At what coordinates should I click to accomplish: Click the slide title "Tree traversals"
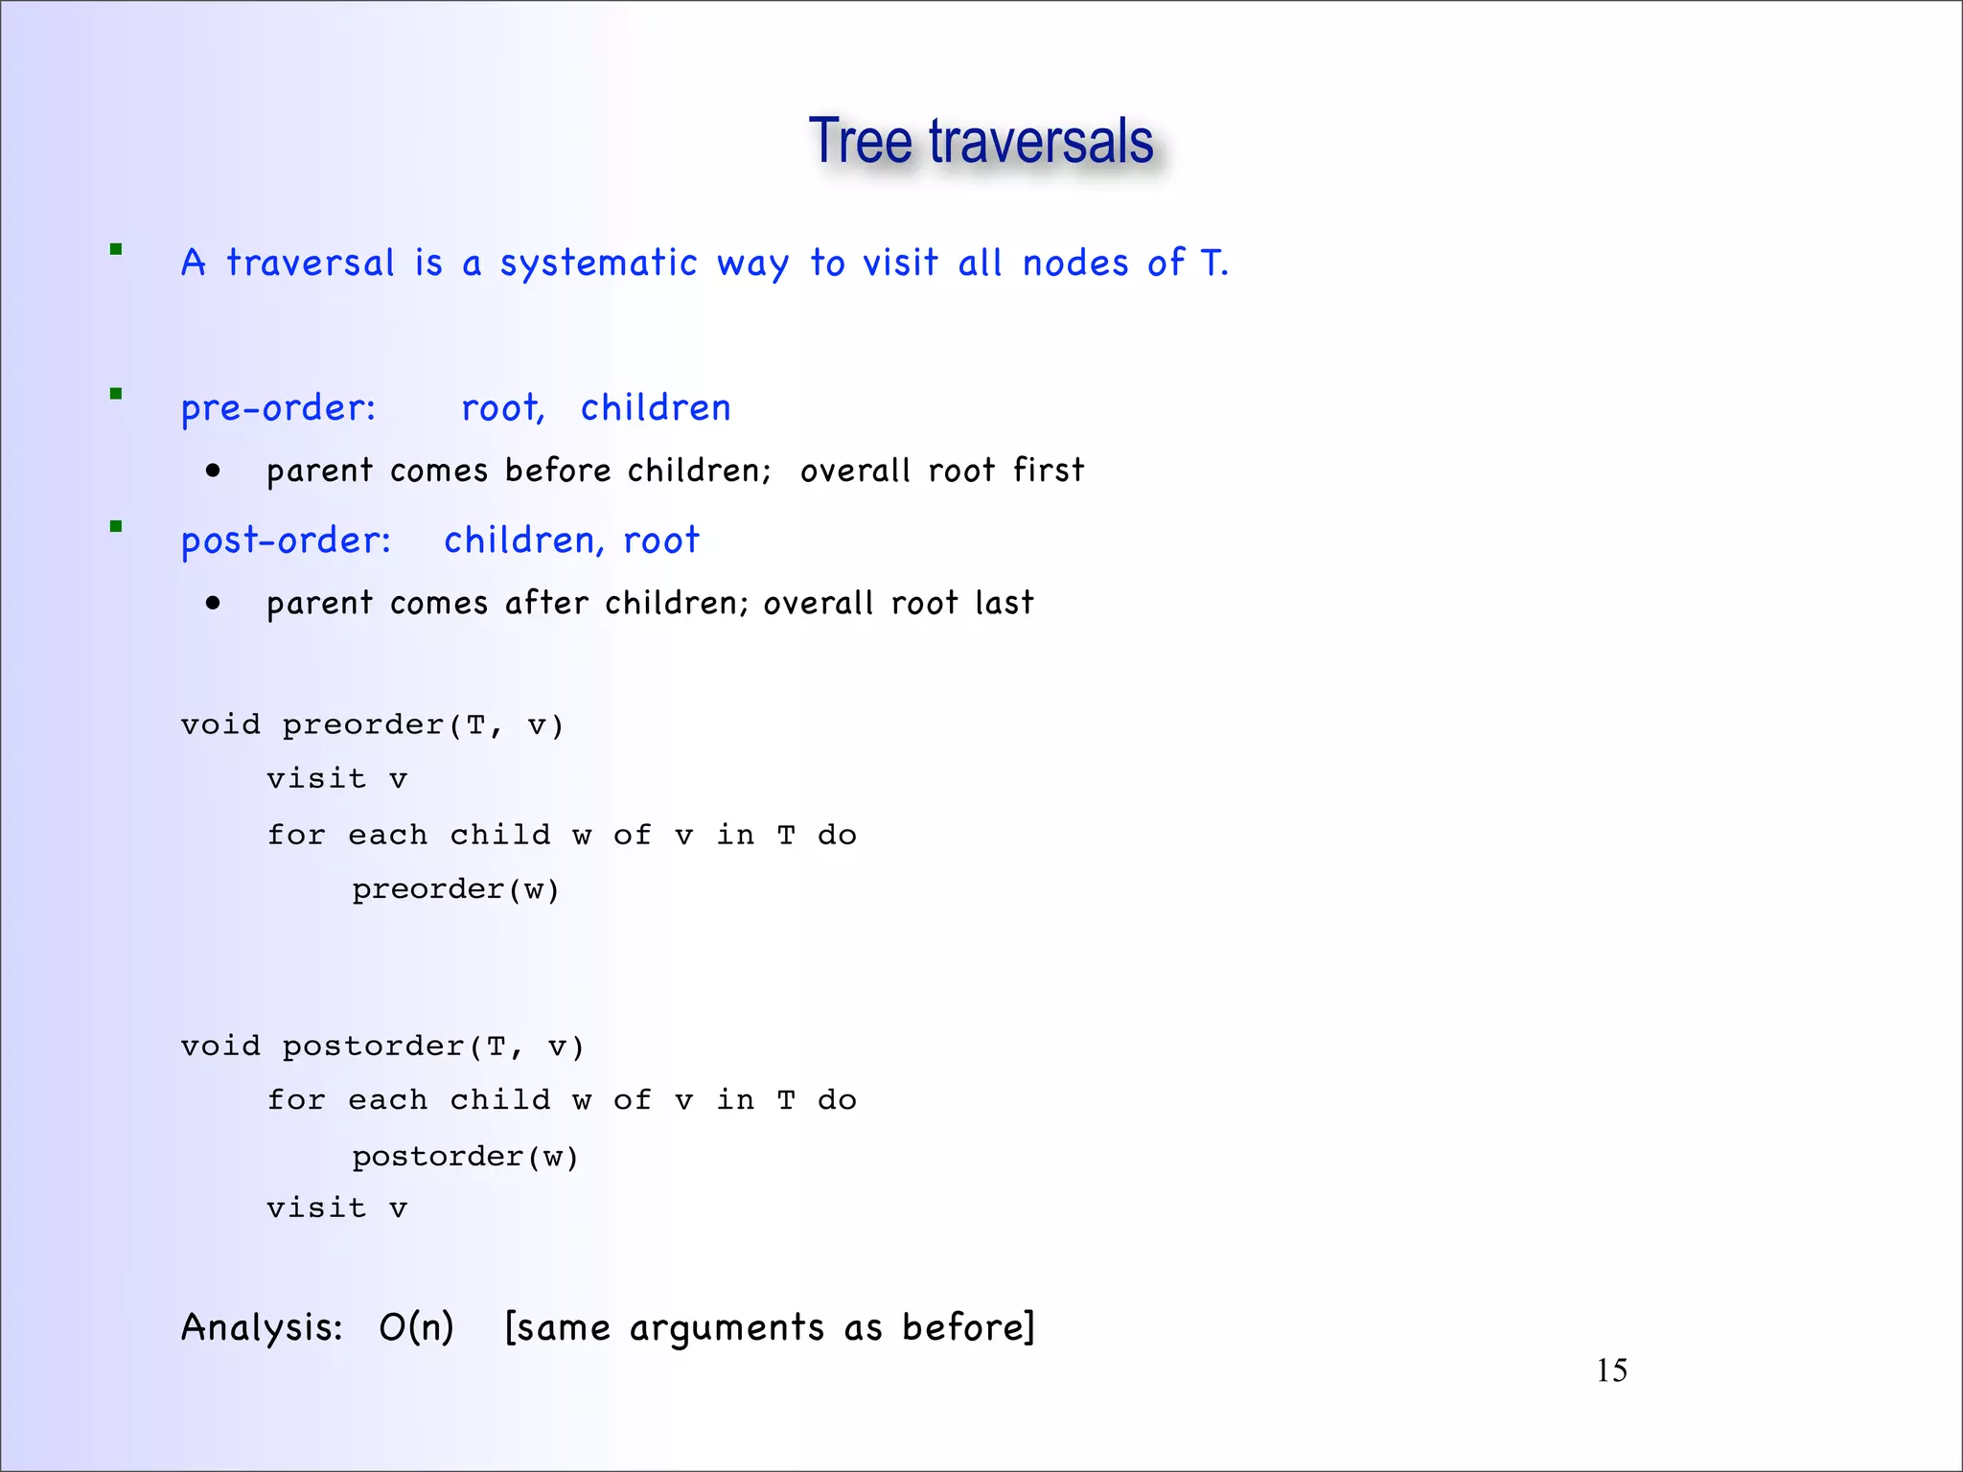[x=981, y=142]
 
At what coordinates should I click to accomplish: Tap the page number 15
[x=1611, y=1370]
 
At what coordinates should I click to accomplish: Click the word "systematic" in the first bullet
[x=598, y=264]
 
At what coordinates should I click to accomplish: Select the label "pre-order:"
[x=278, y=409]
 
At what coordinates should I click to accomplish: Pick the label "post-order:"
[x=286, y=541]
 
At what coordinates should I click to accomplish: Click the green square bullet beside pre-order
[x=116, y=394]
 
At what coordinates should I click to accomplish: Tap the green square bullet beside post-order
[x=116, y=526]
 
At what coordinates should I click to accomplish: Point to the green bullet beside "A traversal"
[x=116, y=250]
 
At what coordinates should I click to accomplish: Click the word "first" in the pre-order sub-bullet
[x=1049, y=471]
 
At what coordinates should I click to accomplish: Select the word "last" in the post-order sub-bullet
[x=1005, y=603]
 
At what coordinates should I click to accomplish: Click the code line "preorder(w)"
[x=455, y=889]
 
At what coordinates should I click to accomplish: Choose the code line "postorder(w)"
[x=465, y=1157]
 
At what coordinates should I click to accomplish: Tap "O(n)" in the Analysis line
[x=416, y=1327]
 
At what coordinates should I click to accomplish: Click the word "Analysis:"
[x=262, y=1327]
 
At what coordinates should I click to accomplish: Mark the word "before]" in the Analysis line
[x=968, y=1327]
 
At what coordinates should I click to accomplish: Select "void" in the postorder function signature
[x=220, y=1046]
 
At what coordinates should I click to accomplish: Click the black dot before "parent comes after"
[x=213, y=603]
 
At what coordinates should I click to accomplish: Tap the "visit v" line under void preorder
[x=336, y=778]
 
